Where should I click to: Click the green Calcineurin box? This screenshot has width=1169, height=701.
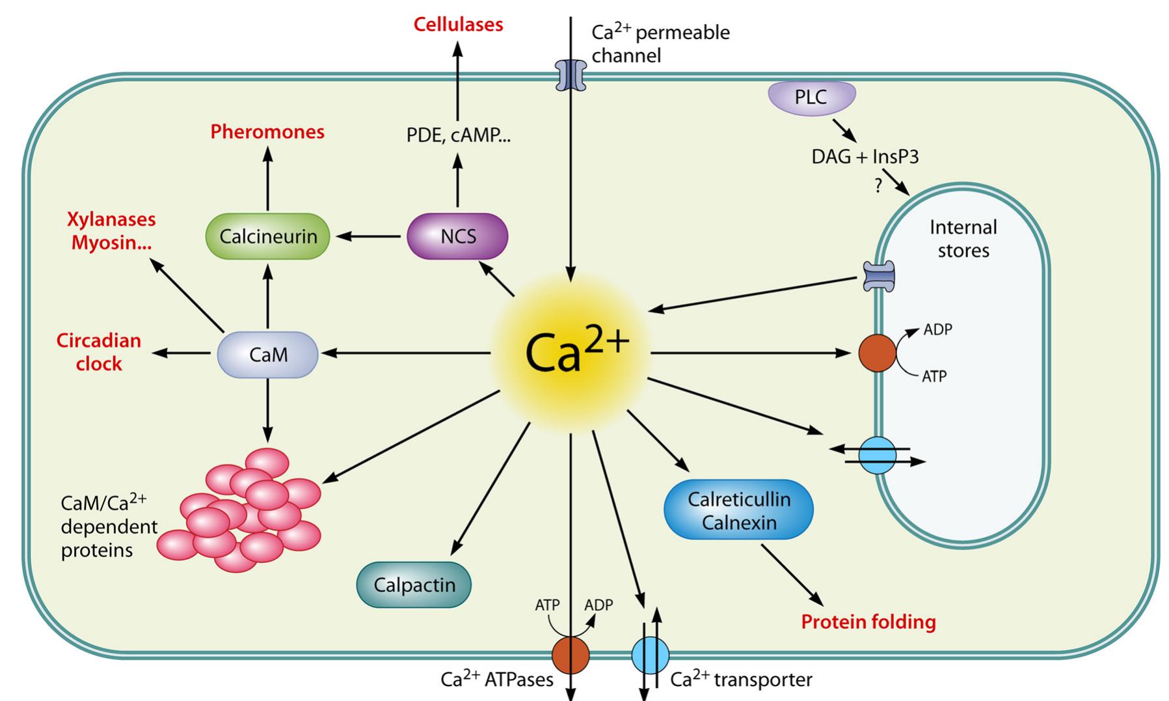[268, 236]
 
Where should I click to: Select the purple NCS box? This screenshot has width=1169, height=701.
[457, 236]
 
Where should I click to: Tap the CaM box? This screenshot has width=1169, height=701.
[267, 355]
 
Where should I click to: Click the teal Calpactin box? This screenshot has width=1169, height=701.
[414, 584]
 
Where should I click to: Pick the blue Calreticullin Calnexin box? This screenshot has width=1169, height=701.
[739, 510]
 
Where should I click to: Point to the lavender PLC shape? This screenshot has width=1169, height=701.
[811, 98]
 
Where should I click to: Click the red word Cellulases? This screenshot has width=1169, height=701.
[458, 25]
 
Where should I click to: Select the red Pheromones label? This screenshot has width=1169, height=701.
[267, 132]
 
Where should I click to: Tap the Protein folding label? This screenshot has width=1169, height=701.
[868, 622]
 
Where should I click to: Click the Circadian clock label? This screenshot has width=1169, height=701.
[99, 352]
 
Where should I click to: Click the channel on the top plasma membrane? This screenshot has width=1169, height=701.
[571, 76]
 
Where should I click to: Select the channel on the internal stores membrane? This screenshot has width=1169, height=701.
[878, 277]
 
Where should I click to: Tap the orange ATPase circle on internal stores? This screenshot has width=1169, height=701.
[878, 353]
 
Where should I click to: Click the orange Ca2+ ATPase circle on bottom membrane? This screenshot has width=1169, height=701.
[571, 655]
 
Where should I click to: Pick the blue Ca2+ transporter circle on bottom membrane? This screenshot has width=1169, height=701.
[650, 655]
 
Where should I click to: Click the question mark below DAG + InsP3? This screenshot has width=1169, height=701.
[878, 186]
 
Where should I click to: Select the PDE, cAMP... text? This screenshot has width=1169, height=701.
[458, 135]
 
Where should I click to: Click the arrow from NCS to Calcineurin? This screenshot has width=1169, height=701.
[368, 236]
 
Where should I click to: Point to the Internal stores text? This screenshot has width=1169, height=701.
[963, 239]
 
